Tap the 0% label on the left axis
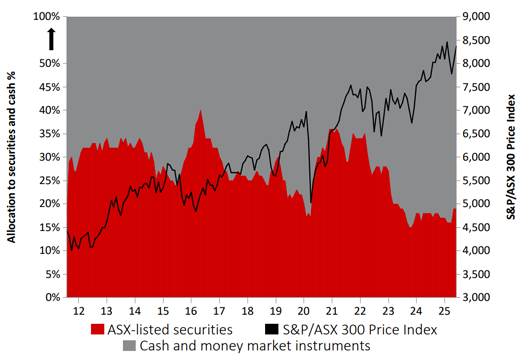54,297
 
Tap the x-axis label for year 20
307,311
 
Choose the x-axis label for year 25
449,311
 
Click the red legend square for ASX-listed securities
97,328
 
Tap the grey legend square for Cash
130,345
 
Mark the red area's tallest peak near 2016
201,111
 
